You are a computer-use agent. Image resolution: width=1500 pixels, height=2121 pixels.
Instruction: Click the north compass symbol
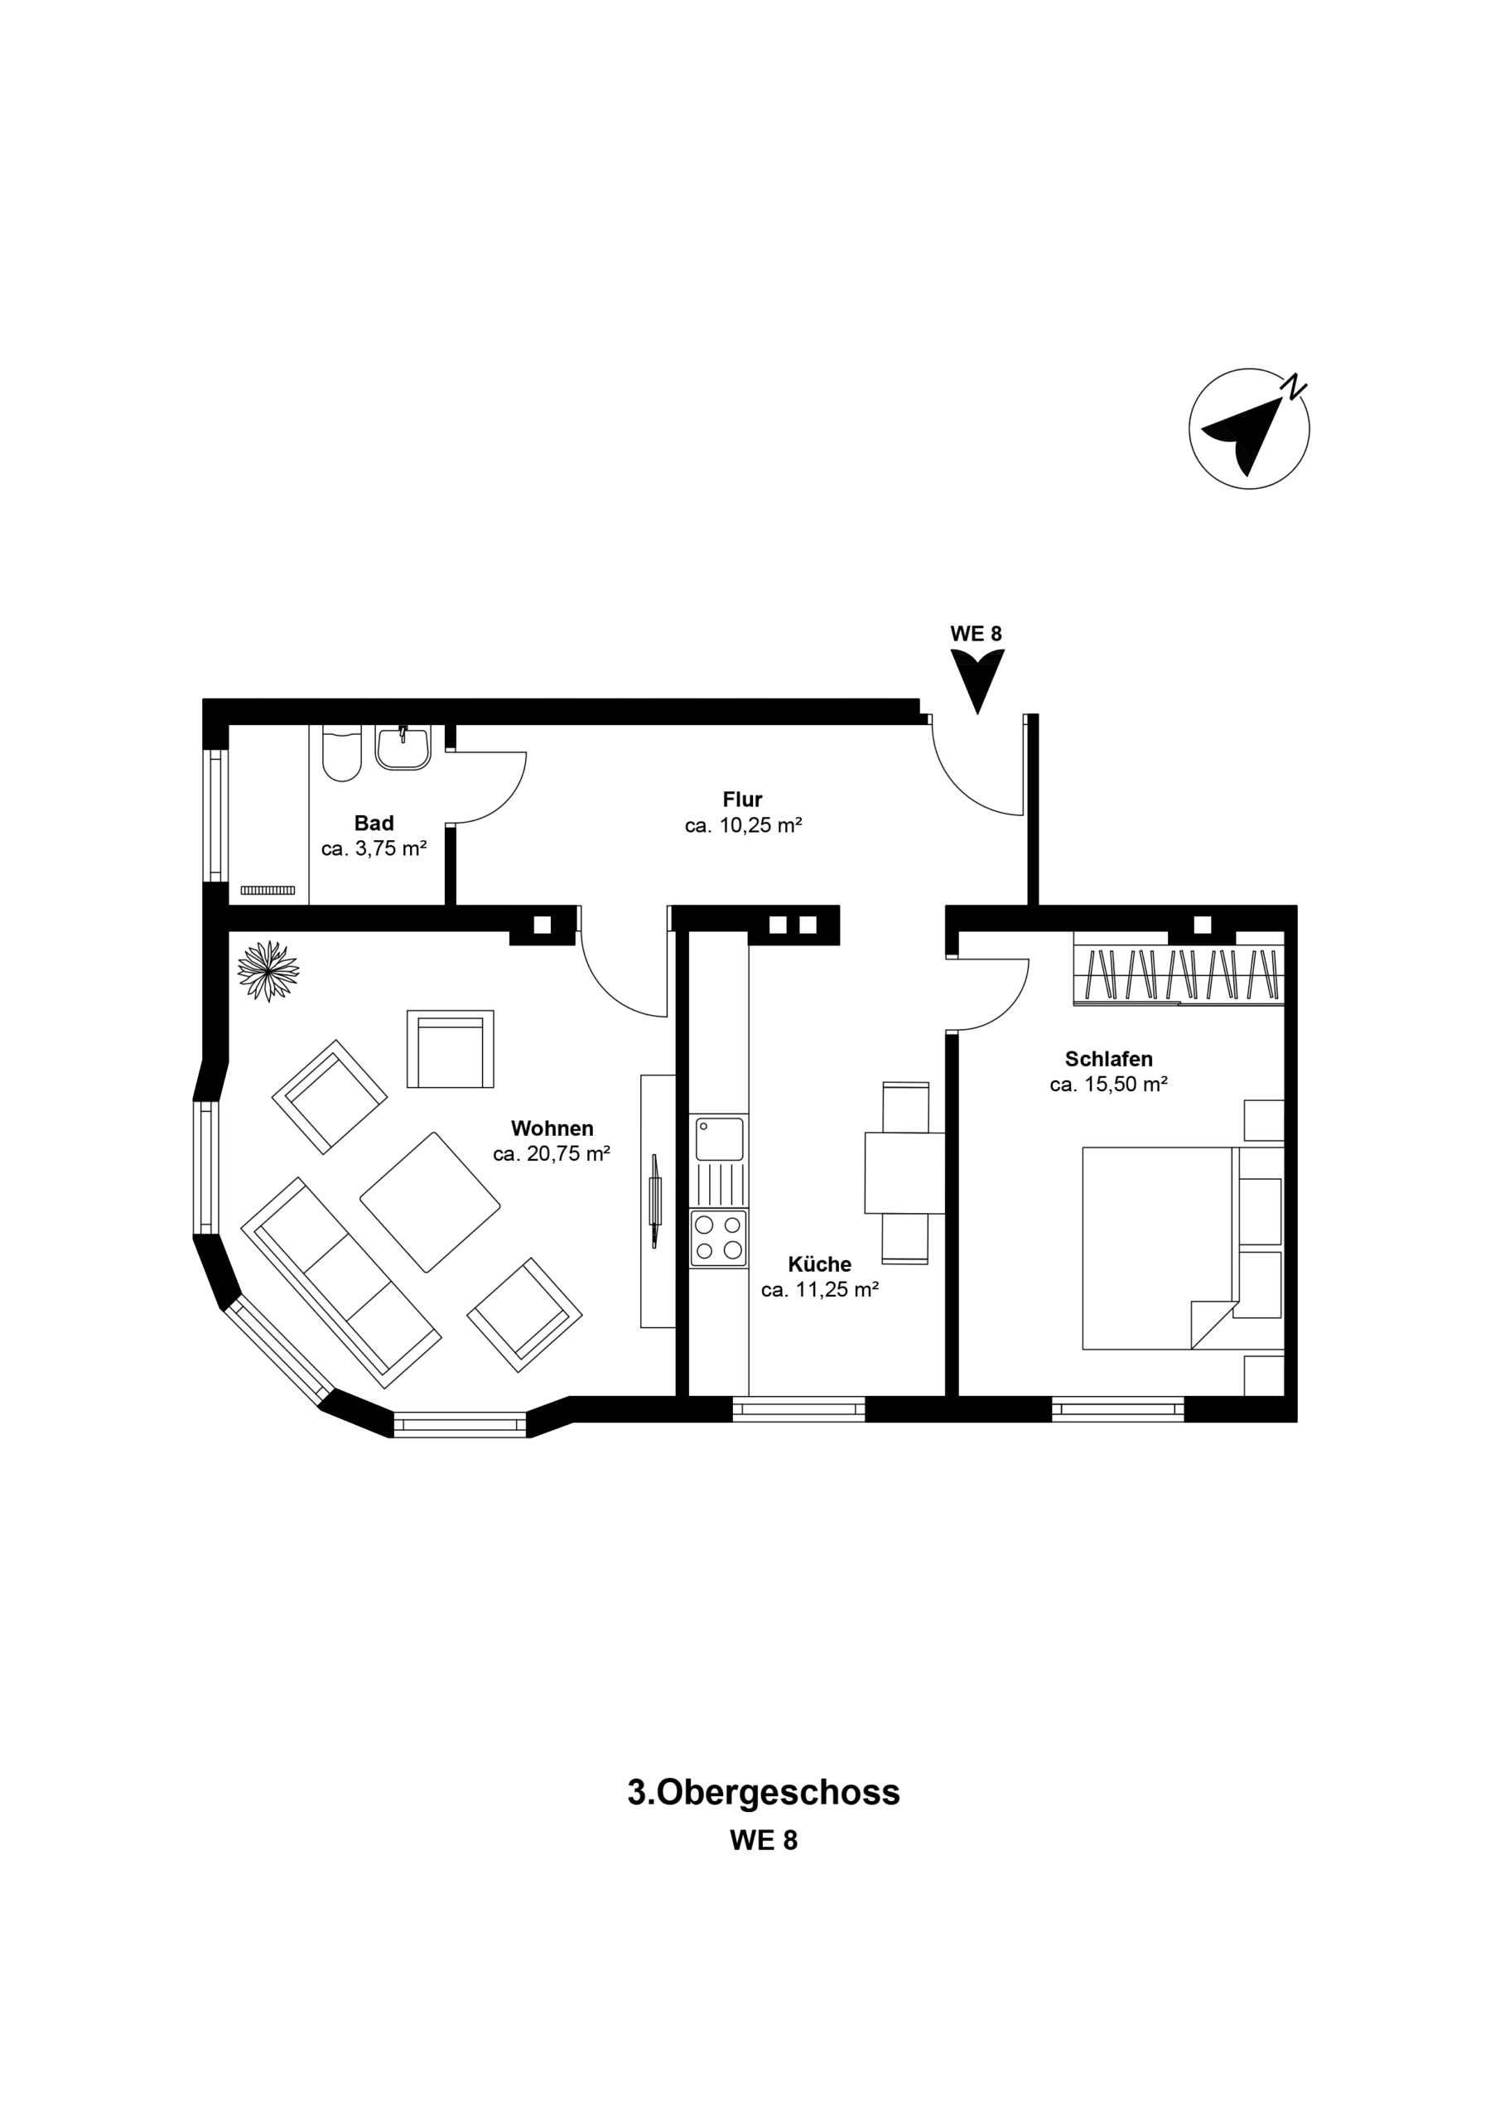(1249, 428)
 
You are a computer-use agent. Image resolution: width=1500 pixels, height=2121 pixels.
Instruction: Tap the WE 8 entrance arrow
(977, 679)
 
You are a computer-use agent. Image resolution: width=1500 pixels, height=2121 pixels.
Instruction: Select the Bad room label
(374, 822)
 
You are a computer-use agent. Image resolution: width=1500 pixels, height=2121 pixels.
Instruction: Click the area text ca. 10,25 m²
(743, 826)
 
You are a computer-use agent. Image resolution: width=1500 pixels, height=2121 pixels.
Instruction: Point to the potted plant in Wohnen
(268, 970)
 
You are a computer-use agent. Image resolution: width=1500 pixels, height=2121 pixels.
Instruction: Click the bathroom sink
(403, 747)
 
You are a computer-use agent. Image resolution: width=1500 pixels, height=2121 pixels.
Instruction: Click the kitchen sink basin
(720, 1139)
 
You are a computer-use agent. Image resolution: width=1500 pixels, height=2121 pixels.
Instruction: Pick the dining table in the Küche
(904, 1172)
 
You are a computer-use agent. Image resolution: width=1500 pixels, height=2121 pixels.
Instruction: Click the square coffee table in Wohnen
(430, 1201)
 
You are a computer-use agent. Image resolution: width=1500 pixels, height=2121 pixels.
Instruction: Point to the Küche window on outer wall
(799, 1408)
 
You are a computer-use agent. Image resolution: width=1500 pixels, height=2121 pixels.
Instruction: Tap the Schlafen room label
(1108, 1059)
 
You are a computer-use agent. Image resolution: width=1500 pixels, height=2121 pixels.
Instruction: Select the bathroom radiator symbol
(268, 890)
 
